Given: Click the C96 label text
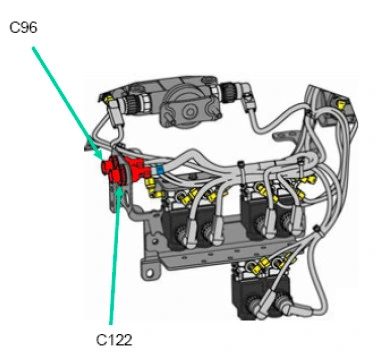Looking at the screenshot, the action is click(x=23, y=28).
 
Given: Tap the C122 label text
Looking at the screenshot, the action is click(x=114, y=340).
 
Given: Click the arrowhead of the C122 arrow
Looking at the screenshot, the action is click(x=120, y=187).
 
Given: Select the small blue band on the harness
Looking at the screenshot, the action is click(x=160, y=170).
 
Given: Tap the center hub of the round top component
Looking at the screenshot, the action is click(x=190, y=113).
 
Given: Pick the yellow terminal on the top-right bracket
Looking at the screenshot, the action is click(x=341, y=105).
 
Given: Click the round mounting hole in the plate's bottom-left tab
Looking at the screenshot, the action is click(x=150, y=273).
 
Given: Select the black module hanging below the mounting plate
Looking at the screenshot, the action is click(x=258, y=290).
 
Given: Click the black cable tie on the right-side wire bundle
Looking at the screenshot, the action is click(x=316, y=229).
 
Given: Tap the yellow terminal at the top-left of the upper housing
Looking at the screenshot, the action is click(x=108, y=99).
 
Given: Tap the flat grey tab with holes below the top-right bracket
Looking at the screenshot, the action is click(x=287, y=135).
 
